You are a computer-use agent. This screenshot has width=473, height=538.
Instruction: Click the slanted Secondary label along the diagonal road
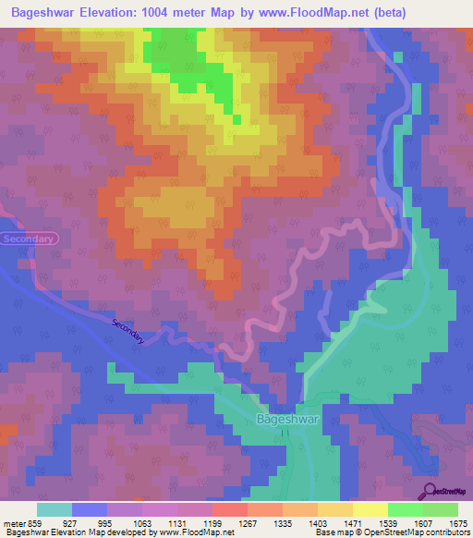click(x=128, y=333)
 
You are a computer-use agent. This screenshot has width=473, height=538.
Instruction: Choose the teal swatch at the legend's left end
click(x=55, y=508)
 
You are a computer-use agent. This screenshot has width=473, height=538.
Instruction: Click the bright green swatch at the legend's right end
click(x=441, y=508)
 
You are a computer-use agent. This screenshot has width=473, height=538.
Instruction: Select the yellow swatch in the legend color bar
click(x=370, y=508)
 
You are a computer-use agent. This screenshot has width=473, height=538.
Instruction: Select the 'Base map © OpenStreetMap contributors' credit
click(x=391, y=532)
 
